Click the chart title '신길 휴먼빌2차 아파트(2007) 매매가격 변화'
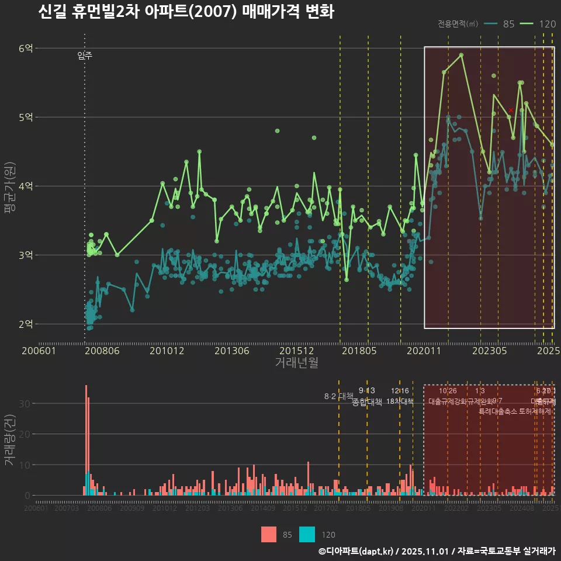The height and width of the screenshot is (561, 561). pos(185,12)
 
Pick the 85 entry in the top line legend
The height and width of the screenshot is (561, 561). pos(500,24)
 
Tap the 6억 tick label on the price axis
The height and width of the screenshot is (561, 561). pos(26,49)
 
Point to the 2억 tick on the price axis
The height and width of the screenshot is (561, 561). pos(26,324)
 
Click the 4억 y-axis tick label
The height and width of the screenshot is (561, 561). pos(26,186)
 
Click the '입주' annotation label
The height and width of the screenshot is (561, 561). pos(85,56)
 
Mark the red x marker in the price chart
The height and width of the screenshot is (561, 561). pos(511,110)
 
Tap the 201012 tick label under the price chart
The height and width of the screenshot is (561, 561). pos(167,351)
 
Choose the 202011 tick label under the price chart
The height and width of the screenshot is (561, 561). pos(423,351)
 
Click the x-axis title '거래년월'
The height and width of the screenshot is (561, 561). pos(296,363)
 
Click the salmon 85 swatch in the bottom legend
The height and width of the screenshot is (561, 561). pos(268,534)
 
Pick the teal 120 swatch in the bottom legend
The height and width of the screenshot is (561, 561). pos(307,534)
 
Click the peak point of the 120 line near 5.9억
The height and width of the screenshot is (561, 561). pos(462,55)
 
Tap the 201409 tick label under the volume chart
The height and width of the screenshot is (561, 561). pos(263,508)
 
